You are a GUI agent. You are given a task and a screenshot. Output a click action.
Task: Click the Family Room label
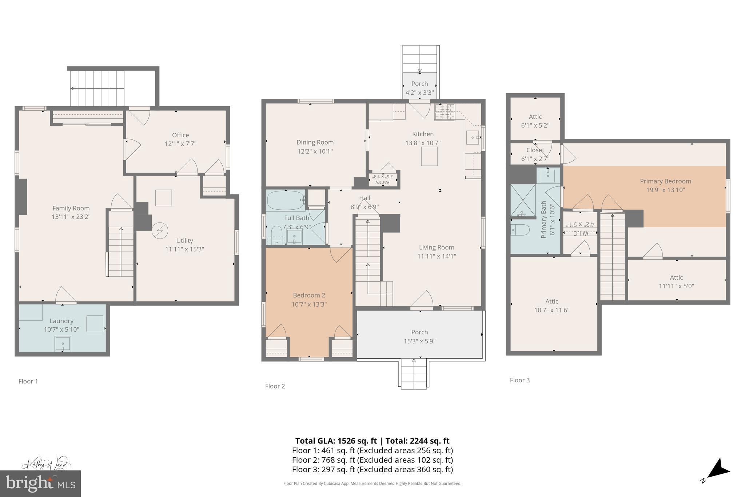click(x=71, y=208)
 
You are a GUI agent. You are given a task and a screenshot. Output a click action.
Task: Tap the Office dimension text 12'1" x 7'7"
click(x=180, y=144)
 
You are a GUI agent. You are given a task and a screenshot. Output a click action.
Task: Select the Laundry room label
click(x=61, y=321)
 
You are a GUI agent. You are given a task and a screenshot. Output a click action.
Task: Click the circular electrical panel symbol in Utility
click(x=160, y=230)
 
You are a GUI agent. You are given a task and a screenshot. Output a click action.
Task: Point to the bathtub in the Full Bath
click(x=286, y=200)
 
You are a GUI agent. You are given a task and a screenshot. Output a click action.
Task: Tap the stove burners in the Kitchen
click(x=445, y=111)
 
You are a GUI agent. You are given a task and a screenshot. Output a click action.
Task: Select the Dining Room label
click(x=315, y=142)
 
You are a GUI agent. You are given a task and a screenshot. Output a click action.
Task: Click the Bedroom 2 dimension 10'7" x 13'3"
click(x=309, y=304)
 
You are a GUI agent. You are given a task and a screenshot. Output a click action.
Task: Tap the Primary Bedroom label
click(x=665, y=181)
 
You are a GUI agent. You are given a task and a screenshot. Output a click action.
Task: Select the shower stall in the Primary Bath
click(x=523, y=200)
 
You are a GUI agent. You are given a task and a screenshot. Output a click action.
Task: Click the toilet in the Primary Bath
click(x=519, y=230)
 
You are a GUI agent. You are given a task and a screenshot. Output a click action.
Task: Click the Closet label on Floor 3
click(x=535, y=150)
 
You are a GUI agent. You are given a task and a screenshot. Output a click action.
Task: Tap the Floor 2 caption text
click(x=275, y=386)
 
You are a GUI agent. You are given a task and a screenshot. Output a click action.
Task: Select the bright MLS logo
click(x=40, y=484)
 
